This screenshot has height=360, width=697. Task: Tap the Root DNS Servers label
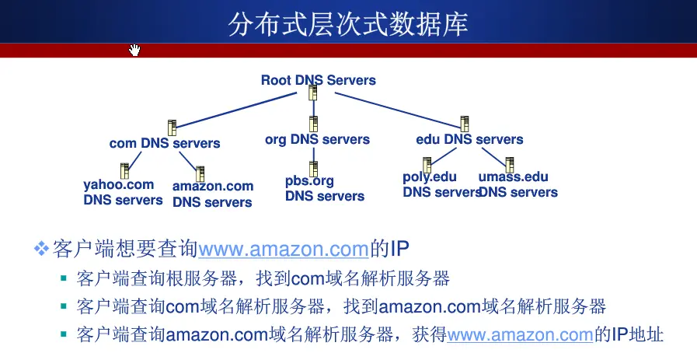tap(318, 80)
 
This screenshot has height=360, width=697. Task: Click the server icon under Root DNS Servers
tap(312, 94)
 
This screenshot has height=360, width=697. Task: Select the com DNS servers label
tap(165, 143)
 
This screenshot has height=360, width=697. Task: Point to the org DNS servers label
tap(317, 140)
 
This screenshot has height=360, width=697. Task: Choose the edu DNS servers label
tap(469, 140)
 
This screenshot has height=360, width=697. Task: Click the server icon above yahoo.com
tap(124, 170)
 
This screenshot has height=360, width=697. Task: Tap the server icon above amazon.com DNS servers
tap(200, 173)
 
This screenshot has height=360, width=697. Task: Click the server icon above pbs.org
tap(313, 168)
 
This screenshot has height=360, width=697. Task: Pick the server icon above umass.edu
tap(510, 165)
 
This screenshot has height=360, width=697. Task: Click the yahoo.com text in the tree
tap(118, 185)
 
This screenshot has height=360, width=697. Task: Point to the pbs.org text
tap(309, 181)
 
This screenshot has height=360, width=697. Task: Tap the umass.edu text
tap(513, 177)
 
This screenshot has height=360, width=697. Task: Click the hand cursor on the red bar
tap(134, 51)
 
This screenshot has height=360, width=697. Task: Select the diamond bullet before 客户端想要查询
tap(40, 249)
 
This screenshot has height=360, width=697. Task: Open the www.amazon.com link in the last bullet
tap(520, 335)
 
